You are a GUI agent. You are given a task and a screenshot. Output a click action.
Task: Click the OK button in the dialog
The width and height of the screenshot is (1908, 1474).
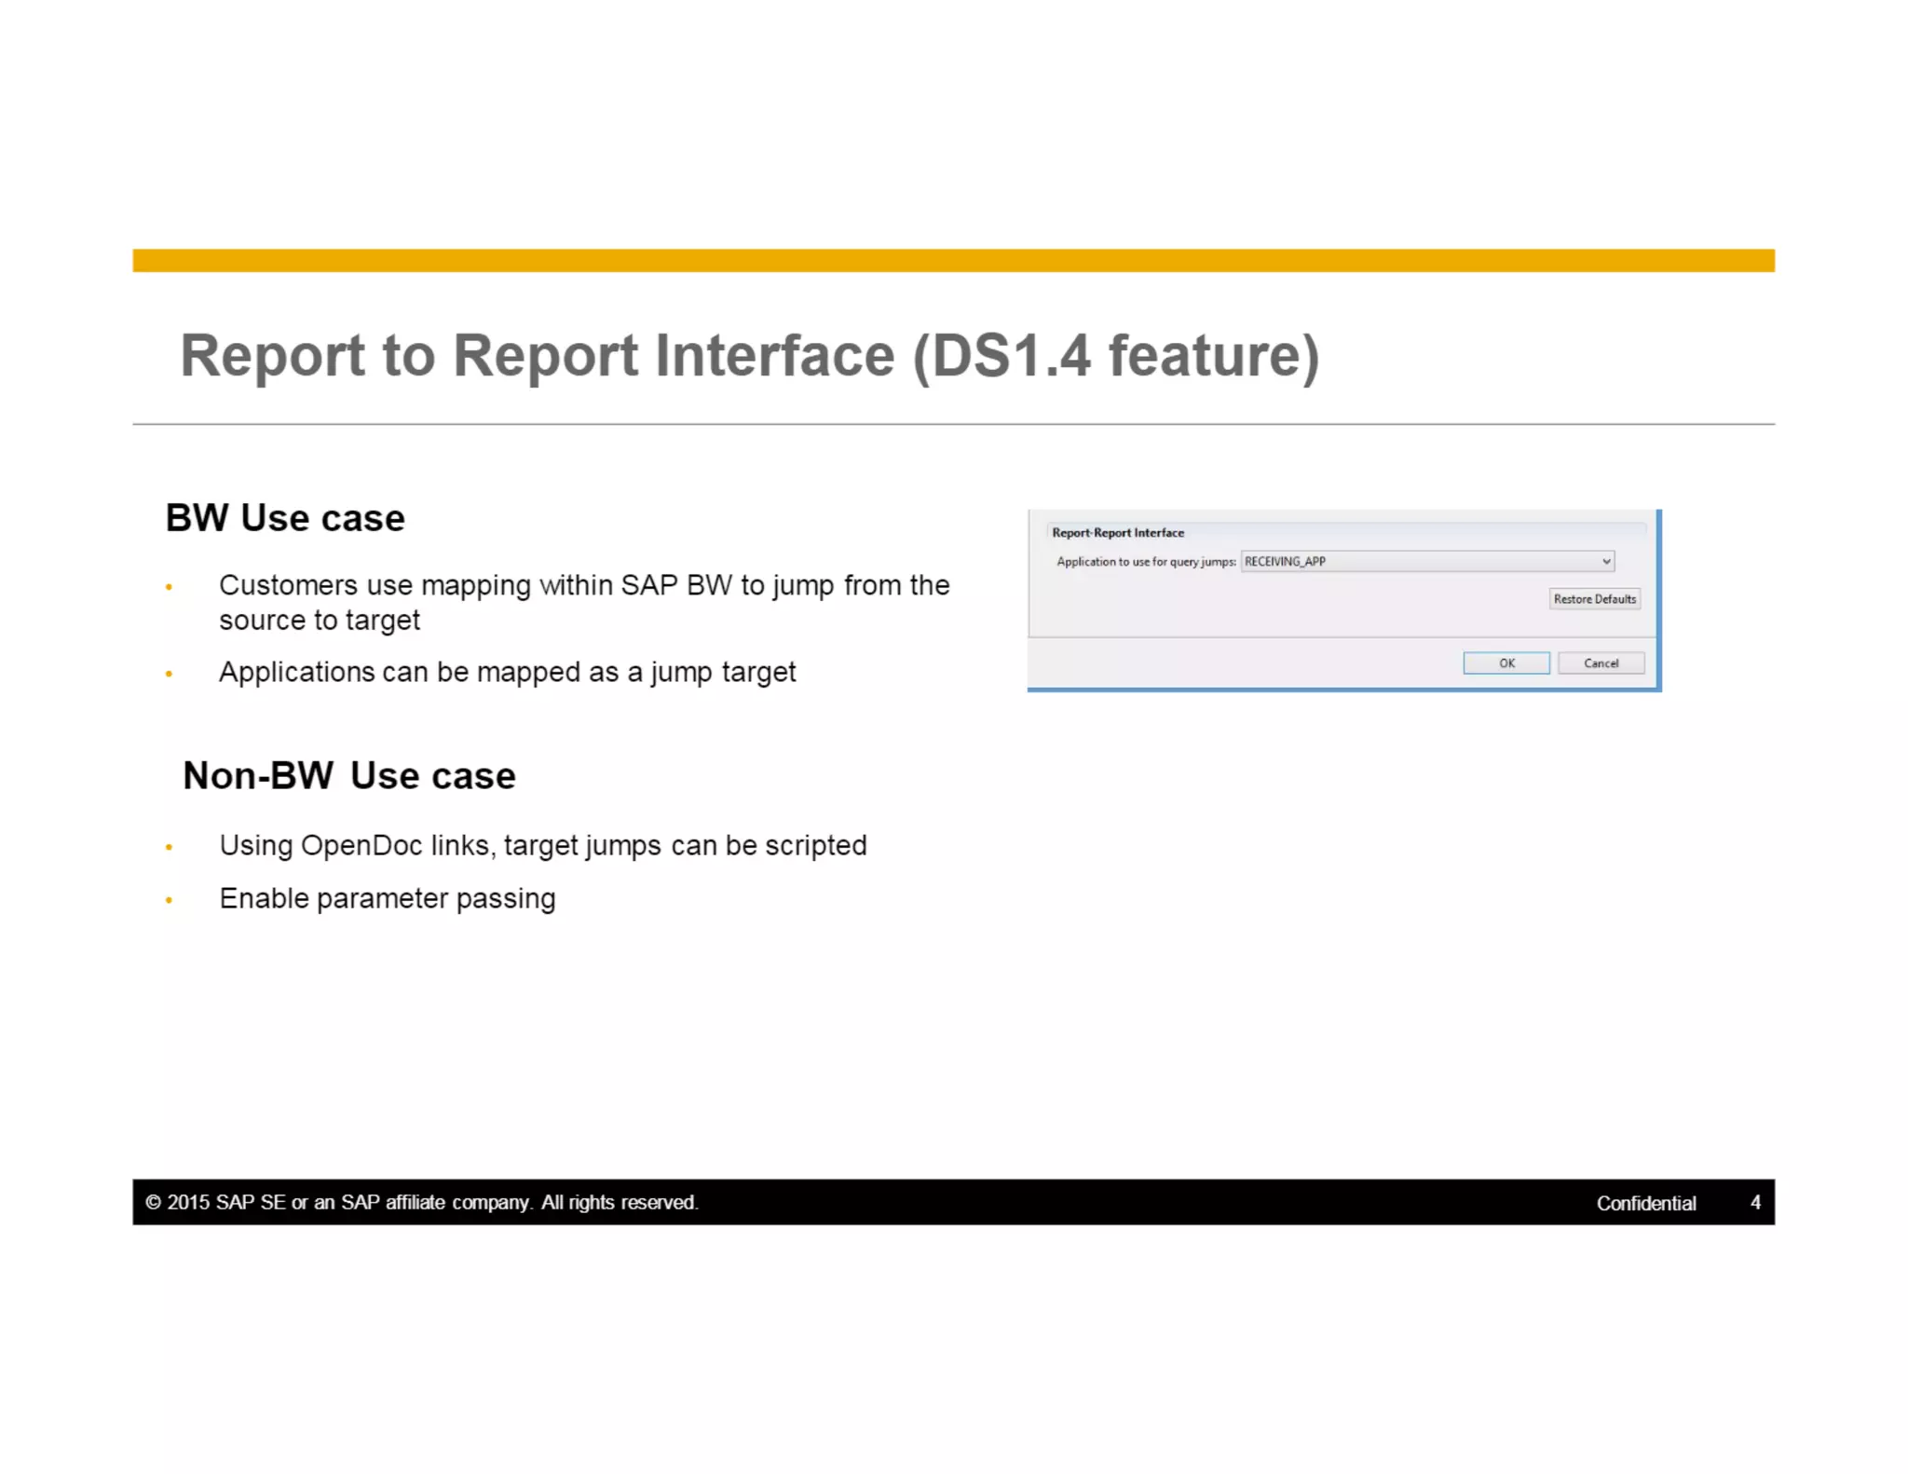pos(1506,662)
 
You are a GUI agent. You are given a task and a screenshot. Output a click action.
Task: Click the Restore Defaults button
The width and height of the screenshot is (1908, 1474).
pos(1594,598)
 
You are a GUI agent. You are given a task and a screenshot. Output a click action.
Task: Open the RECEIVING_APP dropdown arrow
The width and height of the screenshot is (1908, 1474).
pos(1606,561)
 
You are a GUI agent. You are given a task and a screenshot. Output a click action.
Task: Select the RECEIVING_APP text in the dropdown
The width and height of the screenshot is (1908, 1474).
pos(1285,561)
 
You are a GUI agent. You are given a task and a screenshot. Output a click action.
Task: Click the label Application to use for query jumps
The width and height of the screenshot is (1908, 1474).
pos(1145,561)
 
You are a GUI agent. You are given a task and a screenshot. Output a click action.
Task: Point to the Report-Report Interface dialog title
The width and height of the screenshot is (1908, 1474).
pos(1117,532)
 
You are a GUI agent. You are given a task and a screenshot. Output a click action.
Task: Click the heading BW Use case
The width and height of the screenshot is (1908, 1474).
pos(285,518)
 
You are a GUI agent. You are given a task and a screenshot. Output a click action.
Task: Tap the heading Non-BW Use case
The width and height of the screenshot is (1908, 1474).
pos(348,775)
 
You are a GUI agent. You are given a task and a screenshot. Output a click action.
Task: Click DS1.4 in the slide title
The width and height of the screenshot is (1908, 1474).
pos(1010,355)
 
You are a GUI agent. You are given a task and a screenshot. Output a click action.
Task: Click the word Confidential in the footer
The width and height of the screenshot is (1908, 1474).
pos(1645,1202)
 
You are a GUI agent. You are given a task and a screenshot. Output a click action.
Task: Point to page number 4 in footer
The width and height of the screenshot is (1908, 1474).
pos(1755,1202)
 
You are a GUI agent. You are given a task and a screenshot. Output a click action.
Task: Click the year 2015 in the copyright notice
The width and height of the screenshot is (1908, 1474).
pos(188,1202)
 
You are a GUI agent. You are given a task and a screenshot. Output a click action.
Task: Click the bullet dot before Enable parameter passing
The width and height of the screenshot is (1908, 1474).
pos(169,900)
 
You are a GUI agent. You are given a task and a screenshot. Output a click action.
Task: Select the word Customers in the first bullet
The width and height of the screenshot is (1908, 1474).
pos(288,585)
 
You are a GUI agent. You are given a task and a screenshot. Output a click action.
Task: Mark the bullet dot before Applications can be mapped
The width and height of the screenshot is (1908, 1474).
pos(169,674)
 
